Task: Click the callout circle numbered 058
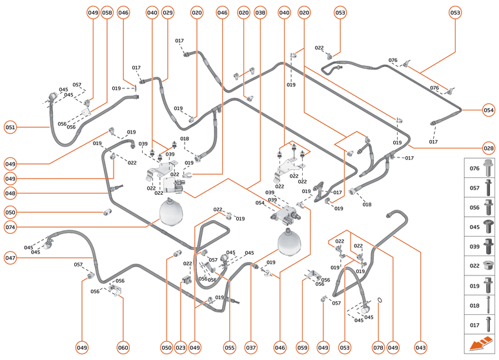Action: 107,12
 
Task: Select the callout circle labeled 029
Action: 168,12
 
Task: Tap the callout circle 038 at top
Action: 260,12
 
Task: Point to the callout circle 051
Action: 10,127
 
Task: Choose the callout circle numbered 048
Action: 10,193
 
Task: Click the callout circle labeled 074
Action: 10,227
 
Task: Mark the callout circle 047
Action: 10,258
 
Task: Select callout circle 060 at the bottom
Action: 123,347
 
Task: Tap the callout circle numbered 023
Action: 180,347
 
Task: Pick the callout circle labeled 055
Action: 229,347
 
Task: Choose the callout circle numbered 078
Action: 378,347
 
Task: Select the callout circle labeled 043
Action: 421,347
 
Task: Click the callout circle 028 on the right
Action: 488,147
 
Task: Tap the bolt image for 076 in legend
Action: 488,168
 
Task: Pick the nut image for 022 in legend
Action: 488,266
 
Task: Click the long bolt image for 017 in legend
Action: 488,325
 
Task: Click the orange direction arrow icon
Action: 481,345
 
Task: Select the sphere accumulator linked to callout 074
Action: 171,212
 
